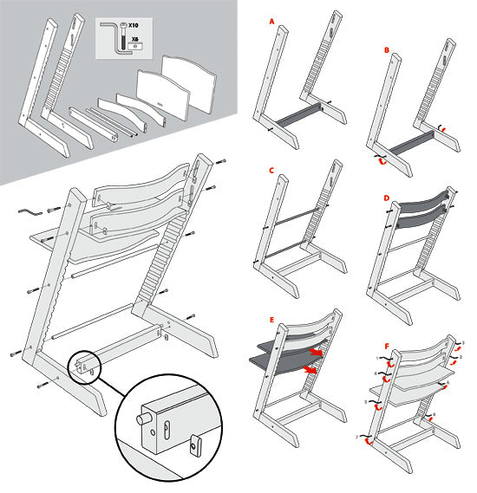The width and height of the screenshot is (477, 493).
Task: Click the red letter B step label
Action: point(387,51)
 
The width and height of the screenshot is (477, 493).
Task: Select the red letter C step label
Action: point(271,171)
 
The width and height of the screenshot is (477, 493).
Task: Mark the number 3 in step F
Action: point(462,343)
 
